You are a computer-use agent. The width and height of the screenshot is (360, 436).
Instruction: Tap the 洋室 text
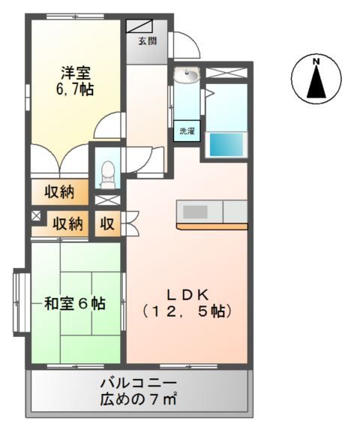tap(75, 74)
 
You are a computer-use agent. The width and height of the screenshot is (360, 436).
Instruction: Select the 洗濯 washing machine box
tap(187, 131)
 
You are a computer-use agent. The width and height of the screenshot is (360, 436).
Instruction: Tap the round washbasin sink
tap(187, 76)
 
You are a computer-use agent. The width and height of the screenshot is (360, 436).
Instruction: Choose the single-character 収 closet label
tap(108, 224)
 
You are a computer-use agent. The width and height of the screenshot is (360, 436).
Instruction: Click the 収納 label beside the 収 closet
tap(67, 224)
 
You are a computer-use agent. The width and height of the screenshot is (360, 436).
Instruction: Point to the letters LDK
tap(187, 293)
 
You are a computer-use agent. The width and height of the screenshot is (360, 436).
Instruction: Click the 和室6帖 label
tap(74, 304)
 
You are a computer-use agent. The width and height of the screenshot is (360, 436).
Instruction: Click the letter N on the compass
tap(316, 61)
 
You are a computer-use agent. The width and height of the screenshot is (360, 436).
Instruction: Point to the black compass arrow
tap(316, 82)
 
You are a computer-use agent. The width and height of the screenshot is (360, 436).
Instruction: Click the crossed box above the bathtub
tap(226, 74)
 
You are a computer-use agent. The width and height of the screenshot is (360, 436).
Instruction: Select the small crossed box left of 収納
tap(36, 217)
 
